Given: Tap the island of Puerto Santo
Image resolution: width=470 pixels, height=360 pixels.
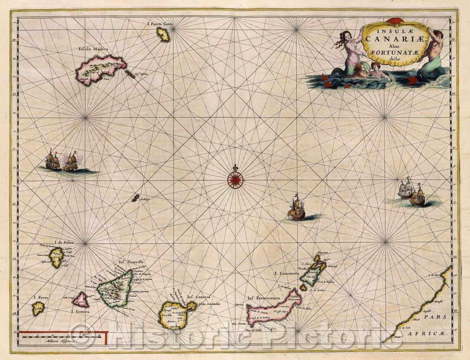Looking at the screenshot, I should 164,34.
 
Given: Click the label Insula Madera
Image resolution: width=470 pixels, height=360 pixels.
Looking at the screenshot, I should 93,50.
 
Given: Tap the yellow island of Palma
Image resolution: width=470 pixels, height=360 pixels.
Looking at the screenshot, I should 56,258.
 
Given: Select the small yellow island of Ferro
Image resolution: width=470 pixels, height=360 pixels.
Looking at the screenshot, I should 38,308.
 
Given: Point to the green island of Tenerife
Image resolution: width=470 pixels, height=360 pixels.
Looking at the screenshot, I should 115,288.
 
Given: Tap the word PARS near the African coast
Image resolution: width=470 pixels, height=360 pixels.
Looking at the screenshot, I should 439,318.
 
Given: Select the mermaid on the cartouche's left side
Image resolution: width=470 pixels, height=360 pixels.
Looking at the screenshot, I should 348,50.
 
